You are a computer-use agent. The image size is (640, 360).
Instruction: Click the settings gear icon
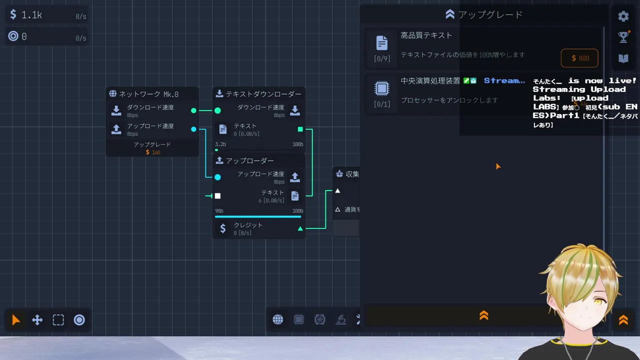pos(623,16)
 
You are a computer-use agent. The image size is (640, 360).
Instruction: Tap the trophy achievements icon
pos(623,37)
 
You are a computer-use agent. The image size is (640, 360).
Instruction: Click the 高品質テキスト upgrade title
pos(426,35)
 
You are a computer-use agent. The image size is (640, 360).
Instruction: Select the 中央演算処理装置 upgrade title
pos(430,80)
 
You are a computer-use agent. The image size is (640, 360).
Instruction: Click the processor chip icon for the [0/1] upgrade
pos(382,89)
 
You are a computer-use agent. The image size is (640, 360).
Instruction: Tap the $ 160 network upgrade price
pos(153,152)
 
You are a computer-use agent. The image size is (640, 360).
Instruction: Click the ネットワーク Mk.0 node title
pos(148,94)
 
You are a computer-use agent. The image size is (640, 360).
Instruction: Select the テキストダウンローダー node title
pos(263,94)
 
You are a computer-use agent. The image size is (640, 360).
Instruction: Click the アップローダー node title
pos(249,161)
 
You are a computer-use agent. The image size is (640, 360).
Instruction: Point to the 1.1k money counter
pos(31,15)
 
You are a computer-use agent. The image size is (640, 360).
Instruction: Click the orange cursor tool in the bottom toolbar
pos(16,320)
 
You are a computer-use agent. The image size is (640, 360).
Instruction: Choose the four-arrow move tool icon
pos(37,320)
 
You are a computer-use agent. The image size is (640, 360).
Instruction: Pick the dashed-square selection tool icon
pos(58,320)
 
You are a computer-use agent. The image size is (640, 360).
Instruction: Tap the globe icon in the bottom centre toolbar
pos(278,319)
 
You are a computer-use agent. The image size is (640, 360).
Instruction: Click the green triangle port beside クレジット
pos(300,228)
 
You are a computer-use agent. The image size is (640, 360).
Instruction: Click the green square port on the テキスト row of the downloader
pos(300,129)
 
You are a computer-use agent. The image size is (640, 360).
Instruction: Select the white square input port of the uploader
pos(217,196)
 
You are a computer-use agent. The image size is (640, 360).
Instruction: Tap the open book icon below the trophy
pos(623,58)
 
